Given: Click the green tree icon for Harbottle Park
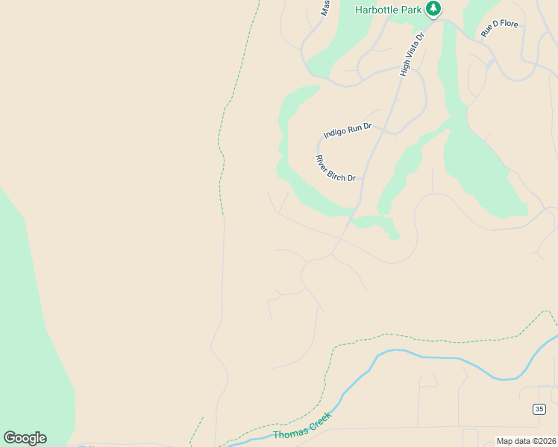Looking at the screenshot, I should pyautogui.click(x=433, y=9).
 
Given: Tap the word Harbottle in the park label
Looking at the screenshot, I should pyautogui.click(x=378, y=10).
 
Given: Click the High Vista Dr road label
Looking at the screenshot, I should pyautogui.click(x=411, y=54).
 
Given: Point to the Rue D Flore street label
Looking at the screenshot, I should pyautogui.click(x=499, y=29).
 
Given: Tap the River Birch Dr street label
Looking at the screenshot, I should pyautogui.click(x=336, y=168).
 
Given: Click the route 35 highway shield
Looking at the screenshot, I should pyautogui.click(x=539, y=408).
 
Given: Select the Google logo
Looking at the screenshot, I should pyautogui.click(x=25, y=438).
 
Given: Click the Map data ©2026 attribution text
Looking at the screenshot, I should pyautogui.click(x=527, y=441).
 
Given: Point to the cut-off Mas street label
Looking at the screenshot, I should pyautogui.click(x=325, y=8).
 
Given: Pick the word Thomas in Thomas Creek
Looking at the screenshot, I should pyautogui.click(x=289, y=434).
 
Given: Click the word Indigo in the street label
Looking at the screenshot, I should pyautogui.click(x=334, y=133).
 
